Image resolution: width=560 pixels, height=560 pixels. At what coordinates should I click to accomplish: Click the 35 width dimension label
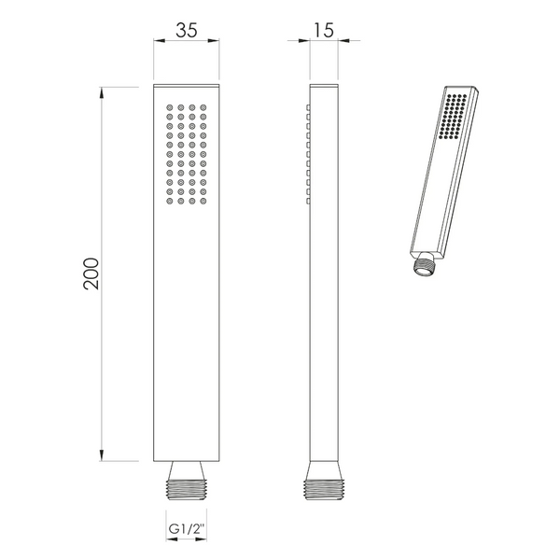click(x=187, y=30)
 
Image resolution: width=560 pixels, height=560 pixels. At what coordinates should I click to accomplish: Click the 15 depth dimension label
click(x=323, y=30)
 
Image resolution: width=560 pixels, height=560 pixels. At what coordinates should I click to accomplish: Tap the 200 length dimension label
click(x=91, y=273)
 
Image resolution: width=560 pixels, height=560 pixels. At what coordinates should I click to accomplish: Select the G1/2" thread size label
click(x=187, y=528)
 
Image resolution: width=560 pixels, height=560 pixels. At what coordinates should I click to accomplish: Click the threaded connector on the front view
click(x=187, y=490)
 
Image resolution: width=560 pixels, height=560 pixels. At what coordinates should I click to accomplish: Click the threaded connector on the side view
click(x=324, y=490)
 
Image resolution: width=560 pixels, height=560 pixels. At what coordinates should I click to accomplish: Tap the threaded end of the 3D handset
click(x=424, y=265)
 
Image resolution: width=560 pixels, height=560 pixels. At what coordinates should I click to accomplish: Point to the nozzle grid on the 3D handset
click(x=453, y=116)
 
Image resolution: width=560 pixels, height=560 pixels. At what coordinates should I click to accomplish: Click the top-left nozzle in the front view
click(x=170, y=107)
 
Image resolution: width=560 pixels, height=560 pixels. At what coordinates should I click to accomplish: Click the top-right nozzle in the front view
click(x=203, y=107)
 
